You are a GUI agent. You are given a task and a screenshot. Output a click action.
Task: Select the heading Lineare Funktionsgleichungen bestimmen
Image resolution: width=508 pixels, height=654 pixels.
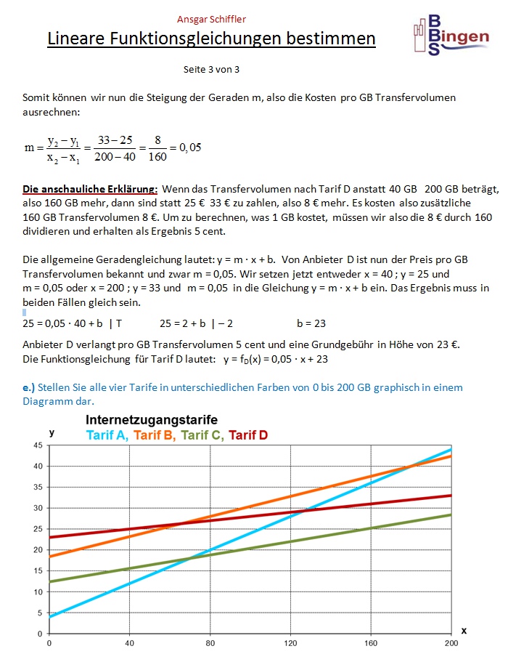pos(211,39)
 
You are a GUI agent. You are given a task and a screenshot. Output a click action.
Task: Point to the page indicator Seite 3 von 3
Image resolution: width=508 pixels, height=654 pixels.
pos(212,70)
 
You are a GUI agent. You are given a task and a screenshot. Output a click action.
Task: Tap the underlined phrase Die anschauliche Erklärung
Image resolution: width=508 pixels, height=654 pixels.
pos(90,189)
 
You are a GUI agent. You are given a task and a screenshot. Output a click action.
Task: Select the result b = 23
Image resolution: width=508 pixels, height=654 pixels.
pos(311,323)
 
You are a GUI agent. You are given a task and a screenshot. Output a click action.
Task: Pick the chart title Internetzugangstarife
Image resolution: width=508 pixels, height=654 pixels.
pos(152,420)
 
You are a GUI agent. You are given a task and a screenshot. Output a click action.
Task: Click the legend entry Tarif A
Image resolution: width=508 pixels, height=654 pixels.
pos(107,435)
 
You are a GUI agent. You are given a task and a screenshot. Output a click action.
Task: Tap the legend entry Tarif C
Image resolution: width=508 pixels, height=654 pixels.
pos(202,435)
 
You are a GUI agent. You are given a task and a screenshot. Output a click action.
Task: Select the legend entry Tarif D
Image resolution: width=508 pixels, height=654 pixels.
pos(248,435)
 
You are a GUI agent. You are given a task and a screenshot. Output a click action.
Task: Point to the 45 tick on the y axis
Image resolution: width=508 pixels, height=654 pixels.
pos(38,445)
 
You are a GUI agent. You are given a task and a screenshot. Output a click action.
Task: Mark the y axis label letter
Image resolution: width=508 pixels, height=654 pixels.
pos(52,432)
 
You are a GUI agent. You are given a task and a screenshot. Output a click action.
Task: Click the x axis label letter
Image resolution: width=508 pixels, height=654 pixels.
pos(464,631)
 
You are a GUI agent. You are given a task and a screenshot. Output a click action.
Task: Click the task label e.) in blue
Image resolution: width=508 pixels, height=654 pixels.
pos(29,387)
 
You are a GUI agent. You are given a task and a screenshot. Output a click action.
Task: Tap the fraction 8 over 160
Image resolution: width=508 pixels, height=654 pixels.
pos(157,148)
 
